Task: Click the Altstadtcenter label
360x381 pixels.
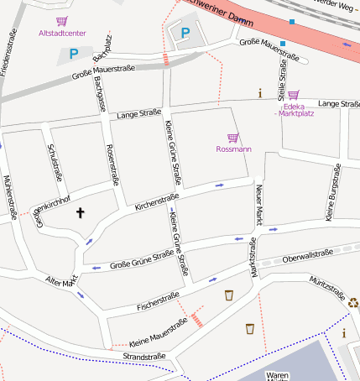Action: point(62,34)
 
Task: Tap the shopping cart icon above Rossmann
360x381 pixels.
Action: point(232,138)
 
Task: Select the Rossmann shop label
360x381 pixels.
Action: point(233,149)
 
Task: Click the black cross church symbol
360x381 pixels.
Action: point(81,213)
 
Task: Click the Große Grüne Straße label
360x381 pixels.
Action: point(141,258)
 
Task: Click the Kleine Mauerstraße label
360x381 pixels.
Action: point(158,337)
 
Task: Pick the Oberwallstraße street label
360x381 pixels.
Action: point(308,254)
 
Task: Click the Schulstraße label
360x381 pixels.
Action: point(55,162)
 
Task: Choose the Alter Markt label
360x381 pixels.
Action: point(61,281)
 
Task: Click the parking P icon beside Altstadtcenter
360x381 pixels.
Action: point(74,54)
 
